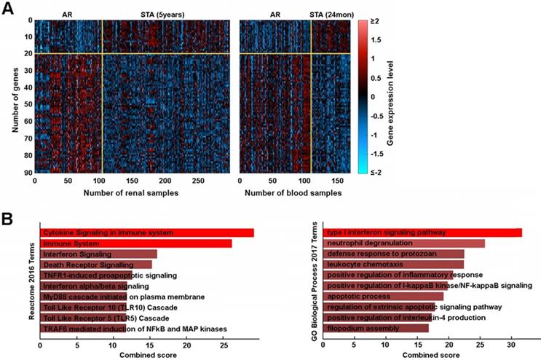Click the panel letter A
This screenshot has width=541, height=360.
click(8, 7)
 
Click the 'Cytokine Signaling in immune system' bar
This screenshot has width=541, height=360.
click(146, 232)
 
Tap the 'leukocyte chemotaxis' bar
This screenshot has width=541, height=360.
click(393, 265)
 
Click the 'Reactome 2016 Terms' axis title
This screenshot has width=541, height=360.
click(28, 281)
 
